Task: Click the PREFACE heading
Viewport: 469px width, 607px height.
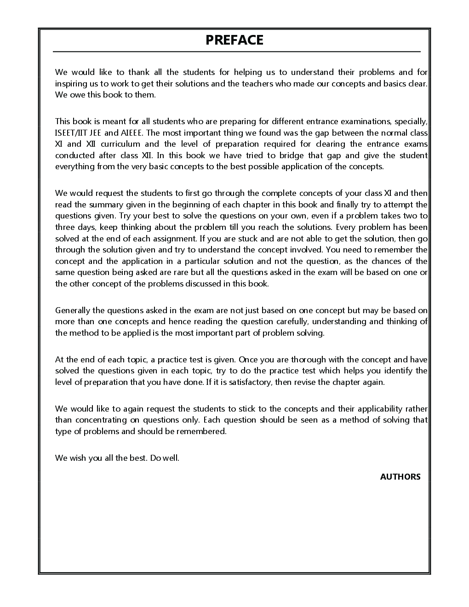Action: coord(234,40)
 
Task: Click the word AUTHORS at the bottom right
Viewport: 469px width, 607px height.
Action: coord(400,477)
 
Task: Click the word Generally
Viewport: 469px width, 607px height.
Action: coord(73,310)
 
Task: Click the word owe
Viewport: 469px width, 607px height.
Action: coord(77,95)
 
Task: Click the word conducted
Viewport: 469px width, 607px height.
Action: coord(74,155)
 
